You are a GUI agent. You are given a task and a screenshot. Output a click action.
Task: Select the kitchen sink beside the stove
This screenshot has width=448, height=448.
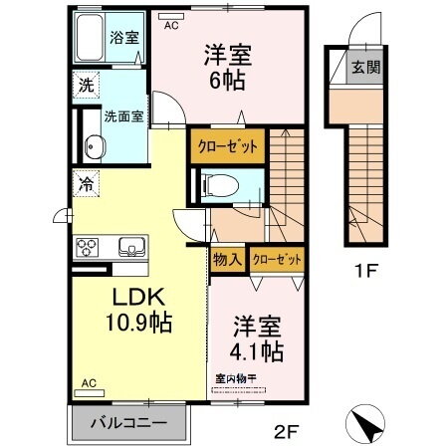click(128, 247)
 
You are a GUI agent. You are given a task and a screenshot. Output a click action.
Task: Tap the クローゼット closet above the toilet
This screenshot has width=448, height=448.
click(227, 145)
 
